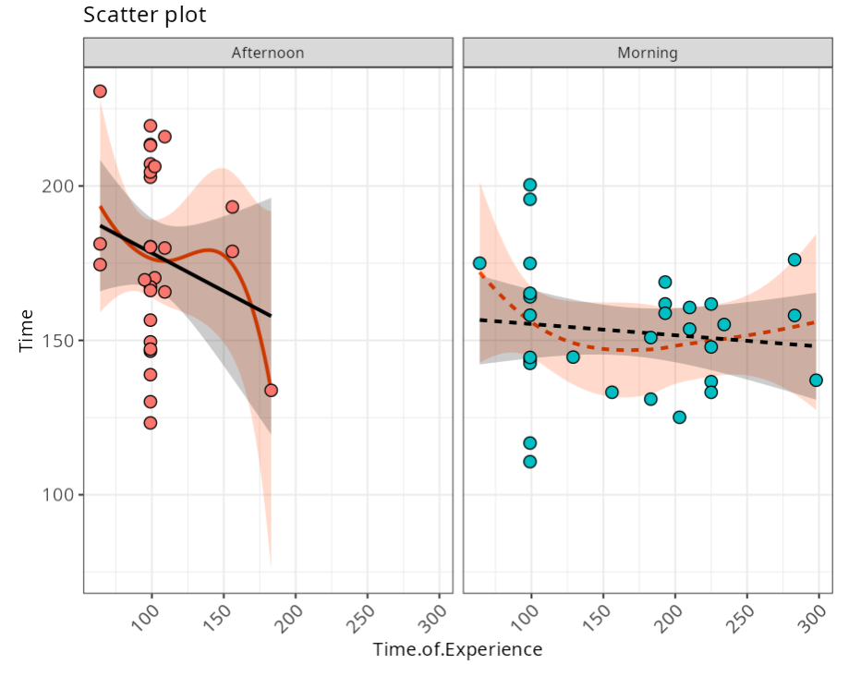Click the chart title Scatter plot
[145, 16]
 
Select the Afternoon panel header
[268, 53]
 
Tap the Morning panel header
[648, 53]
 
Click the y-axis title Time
[27, 330]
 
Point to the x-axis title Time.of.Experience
[457, 649]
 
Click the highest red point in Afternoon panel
[100, 91]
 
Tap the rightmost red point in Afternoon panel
[271, 390]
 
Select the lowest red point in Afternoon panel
[150, 423]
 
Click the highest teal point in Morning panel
[529, 185]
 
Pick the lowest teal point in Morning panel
[529, 462]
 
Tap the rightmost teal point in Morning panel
[816, 380]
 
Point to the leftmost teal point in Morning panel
[479, 263]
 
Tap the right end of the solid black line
[271, 316]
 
